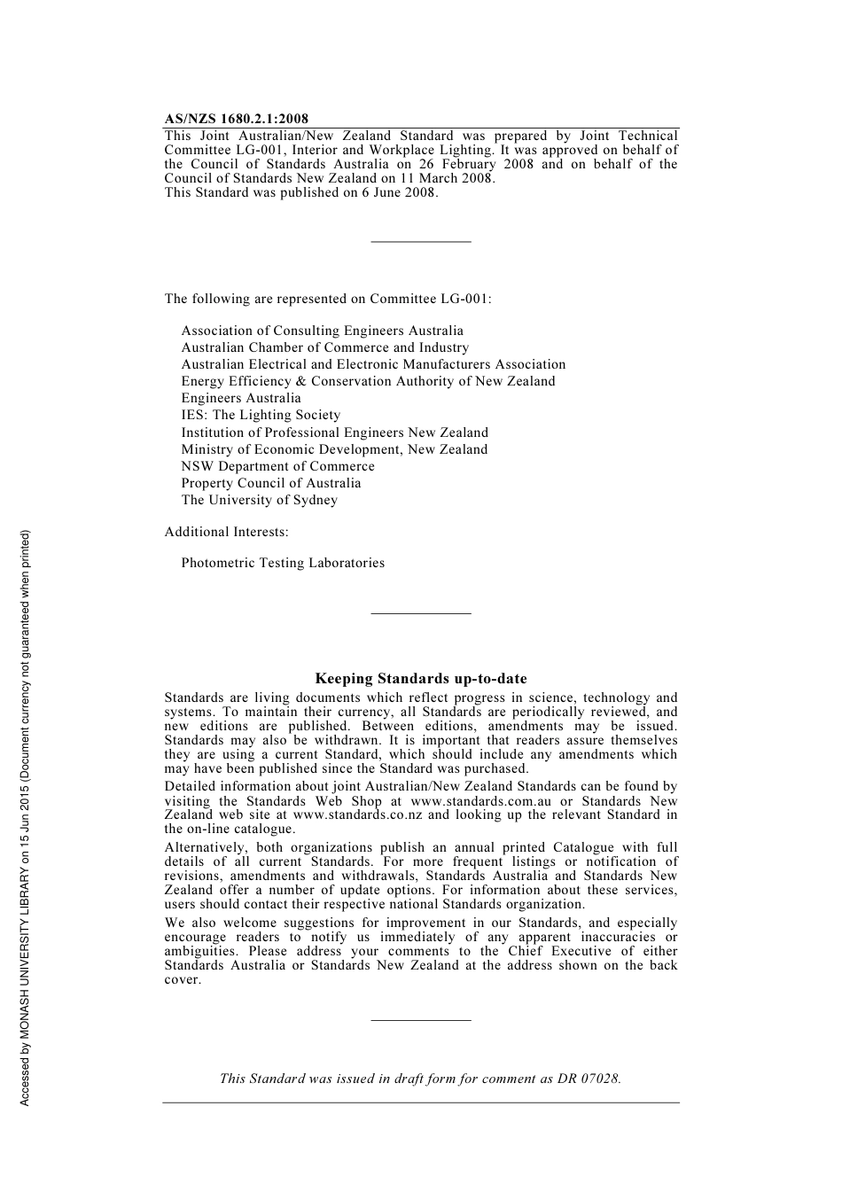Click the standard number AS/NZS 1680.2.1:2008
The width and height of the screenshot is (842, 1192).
click(237, 119)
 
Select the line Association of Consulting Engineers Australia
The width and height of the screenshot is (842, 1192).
click(322, 331)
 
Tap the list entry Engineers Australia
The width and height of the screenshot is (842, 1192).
click(241, 398)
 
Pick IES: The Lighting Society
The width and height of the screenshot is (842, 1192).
click(261, 415)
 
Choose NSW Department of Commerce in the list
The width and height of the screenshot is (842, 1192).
click(277, 466)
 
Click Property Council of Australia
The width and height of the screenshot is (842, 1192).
click(271, 483)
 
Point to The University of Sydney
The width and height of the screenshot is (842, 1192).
click(259, 500)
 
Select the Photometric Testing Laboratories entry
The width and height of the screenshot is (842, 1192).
click(283, 563)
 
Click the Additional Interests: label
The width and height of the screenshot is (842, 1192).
click(226, 532)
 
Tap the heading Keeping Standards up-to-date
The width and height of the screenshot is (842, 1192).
click(421, 679)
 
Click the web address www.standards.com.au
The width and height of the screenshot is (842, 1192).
click(480, 801)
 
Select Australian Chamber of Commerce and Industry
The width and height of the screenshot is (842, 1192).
click(324, 347)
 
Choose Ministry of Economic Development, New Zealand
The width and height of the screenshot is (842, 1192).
click(334, 449)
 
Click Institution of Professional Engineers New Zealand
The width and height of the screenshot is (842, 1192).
click(334, 432)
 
